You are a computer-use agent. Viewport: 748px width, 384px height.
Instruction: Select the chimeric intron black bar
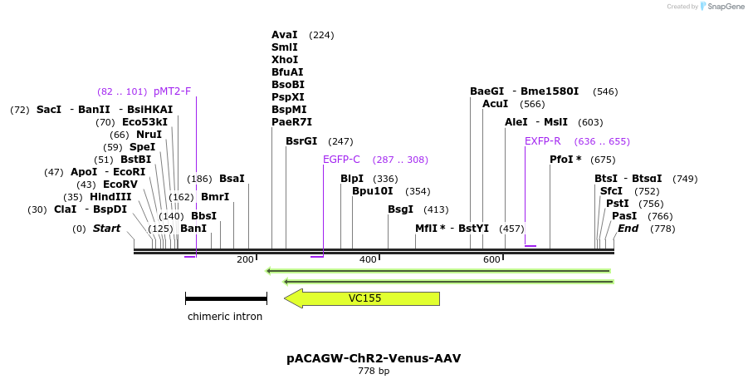click(x=226, y=298)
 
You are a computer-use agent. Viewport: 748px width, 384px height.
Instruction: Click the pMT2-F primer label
click(x=172, y=91)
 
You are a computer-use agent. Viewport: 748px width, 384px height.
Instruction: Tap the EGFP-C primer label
click(x=341, y=160)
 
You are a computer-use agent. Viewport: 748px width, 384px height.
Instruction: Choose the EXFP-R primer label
click(x=543, y=141)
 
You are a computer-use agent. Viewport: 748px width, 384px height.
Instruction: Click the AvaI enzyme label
click(x=285, y=35)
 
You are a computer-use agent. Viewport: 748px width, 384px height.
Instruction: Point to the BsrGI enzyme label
click(x=301, y=141)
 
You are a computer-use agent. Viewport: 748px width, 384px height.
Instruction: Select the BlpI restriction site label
click(x=352, y=179)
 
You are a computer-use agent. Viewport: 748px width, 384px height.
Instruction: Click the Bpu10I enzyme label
click(x=372, y=191)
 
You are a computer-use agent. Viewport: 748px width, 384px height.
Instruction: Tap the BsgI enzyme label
click(x=400, y=209)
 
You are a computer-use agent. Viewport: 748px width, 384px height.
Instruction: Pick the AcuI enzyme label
click(x=496, y=104)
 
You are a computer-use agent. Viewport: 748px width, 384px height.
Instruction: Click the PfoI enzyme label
click(x=565, y=160)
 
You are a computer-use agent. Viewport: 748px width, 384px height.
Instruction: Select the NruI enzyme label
click(x=149, y=135)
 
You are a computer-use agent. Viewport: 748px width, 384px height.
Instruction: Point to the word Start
click(x=106, y=229)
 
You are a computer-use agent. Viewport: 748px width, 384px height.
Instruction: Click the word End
click(x=628, y=229)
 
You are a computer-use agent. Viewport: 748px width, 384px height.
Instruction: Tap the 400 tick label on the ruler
click(x=368, y=260)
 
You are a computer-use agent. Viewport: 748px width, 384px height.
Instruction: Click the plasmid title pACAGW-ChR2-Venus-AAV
click(x=374, y=358)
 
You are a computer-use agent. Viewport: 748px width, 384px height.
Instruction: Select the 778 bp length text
click(x=374, y=371)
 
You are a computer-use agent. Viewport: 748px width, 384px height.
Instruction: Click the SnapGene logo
click(x=722, y=7)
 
